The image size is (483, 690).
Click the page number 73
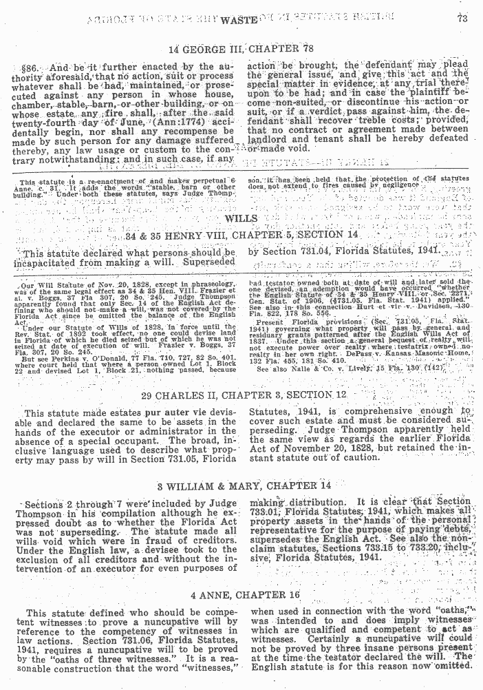pos(462,19)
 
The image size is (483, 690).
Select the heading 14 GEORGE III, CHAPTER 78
pos(241,49)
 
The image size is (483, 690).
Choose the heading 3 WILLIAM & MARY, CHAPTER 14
pos(241,486)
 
